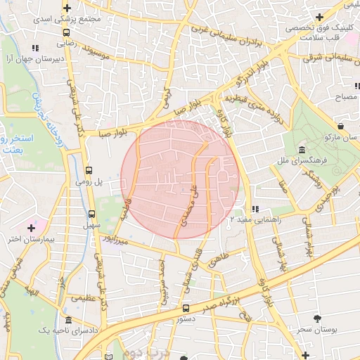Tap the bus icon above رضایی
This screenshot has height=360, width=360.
[66, 32]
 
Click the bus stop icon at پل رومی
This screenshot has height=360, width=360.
[89, 170]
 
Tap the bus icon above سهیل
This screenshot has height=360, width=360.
[91, 214]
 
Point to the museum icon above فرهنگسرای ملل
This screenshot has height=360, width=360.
[301, 150]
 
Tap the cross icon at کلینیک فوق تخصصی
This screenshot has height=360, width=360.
[319, 16]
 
